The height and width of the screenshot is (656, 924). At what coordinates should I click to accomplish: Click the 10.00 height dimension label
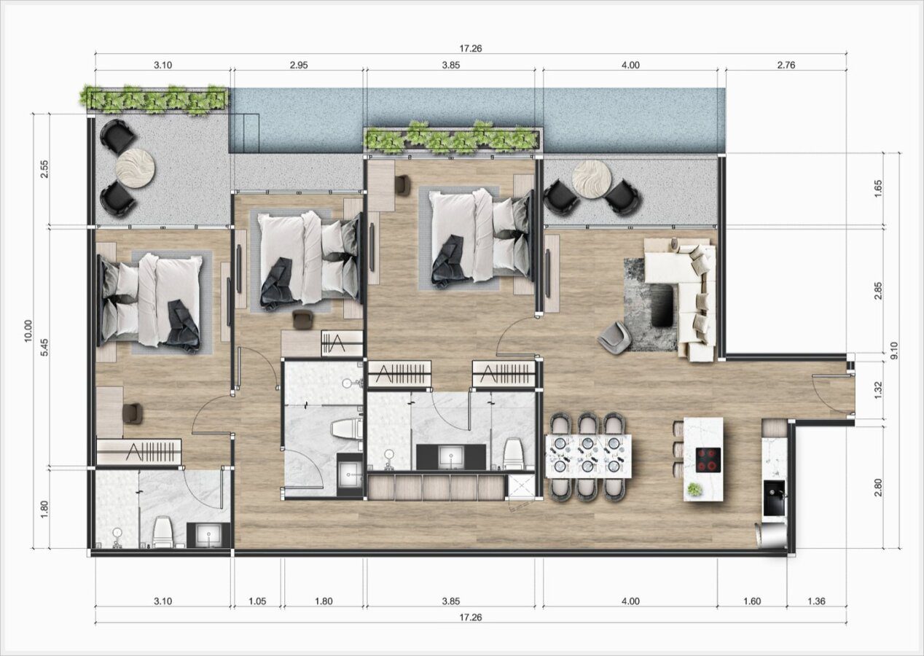pos(28,331)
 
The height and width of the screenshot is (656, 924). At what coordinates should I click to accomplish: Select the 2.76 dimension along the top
pos(786,65)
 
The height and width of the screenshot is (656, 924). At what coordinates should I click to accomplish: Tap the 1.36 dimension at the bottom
pos(816,601)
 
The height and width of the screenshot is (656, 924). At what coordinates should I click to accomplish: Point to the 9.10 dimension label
pos(894,351)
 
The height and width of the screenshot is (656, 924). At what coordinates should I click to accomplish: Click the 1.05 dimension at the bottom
pos(257,601)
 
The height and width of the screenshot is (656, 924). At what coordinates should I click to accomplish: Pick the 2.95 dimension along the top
pos(299,65)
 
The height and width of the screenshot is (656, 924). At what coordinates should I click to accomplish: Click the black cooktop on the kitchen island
pos(709,460)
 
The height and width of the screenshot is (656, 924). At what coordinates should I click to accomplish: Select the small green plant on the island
pos(694,490)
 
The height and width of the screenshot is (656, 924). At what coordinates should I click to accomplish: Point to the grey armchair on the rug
pos(615,338)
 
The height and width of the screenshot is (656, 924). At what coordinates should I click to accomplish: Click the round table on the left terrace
pos(135,168)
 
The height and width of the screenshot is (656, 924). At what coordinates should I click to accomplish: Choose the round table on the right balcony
pos(592,179)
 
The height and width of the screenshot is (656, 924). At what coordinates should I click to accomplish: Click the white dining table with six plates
pos(588,456)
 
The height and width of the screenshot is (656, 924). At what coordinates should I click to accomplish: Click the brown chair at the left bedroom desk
pos(133,413)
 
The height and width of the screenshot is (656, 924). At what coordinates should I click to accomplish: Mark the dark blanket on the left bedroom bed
pos(183,326)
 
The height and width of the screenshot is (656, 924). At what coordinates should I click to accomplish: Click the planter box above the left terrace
pos(157,101)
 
